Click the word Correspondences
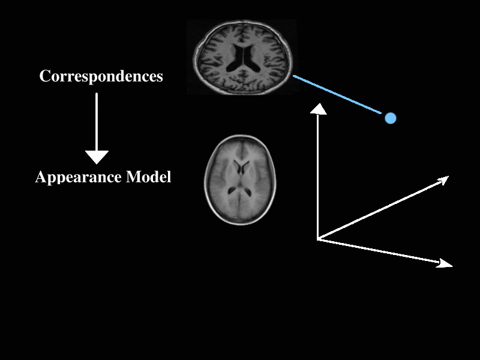[x=101, y=77]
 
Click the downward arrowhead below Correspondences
[x=97, y=157]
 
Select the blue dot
[x=391, y=118]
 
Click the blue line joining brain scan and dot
[x=339, y=95]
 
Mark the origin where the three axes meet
[x=317, y=239]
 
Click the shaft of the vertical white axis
[x=317, y=174]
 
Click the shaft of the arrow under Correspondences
[x=97, y=120]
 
